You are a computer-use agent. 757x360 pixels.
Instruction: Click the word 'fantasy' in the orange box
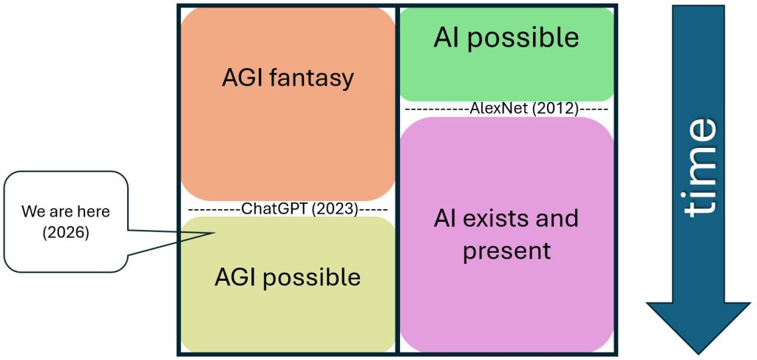pos(313,78)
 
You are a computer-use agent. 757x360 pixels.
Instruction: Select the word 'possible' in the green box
pos(526,38)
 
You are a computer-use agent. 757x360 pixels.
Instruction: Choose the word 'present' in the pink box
pos(507,251)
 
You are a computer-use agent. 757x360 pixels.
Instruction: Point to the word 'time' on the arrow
pos(699,167)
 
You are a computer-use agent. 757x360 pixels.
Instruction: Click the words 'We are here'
pos(65,211)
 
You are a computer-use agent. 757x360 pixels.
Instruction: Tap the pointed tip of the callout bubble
pos(214,234)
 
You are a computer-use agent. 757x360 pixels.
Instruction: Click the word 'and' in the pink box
pos(559,218)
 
